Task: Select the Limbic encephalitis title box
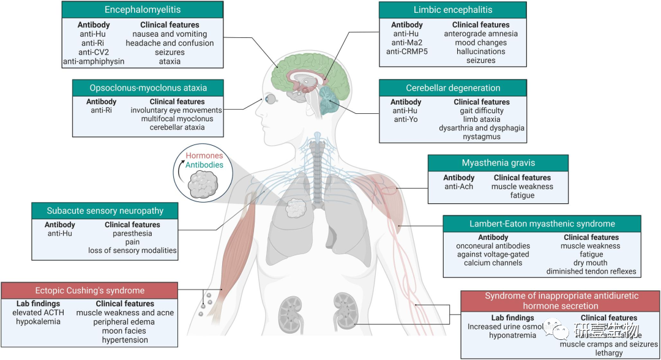point(452,10)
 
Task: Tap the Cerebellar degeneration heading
point(452,88)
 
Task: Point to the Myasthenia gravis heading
point(498,163)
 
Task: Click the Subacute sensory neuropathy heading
point(105,211)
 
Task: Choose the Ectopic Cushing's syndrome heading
point(89,290)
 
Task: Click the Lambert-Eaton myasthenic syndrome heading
point(542,223)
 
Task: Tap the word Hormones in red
point(204,156)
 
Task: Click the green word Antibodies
point(204,165)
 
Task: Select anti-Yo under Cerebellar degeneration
point(405,119)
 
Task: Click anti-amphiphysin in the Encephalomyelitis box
point(94,61)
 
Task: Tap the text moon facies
point(125,331)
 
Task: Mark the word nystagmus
point(482,137)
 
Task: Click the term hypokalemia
point(39,321)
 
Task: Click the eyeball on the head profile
point(269,98)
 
